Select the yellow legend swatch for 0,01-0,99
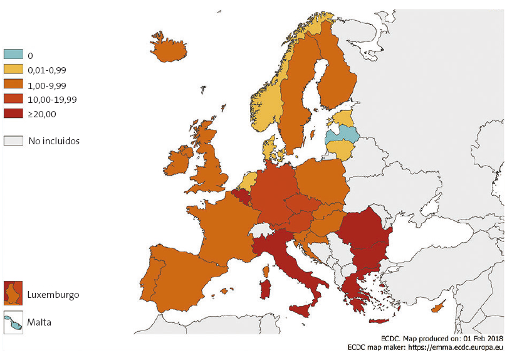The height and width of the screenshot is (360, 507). (x=13, y=70)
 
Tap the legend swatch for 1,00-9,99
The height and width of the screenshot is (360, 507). (x=13, y=85)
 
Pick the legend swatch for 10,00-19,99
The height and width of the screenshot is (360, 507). (x=13, y=99)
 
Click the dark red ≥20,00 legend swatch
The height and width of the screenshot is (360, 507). (x=13, y=114)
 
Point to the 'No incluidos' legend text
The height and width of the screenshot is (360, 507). (x=54, y=140)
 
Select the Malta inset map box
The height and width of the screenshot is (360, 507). (x=13, y=322)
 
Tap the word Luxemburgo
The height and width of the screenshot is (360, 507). (x=53, y=294)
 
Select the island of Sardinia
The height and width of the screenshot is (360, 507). (x=265, y=289)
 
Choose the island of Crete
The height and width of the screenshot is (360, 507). (x=379, y=321)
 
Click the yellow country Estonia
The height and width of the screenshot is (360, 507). (x=343, y=117)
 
